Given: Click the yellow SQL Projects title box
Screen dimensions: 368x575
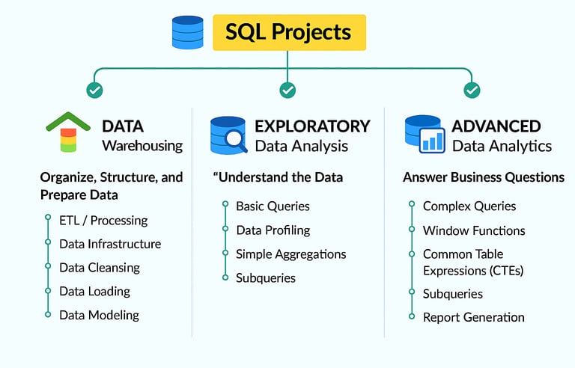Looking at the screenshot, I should click(289, 32).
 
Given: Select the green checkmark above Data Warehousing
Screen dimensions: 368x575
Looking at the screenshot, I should click(94, 91).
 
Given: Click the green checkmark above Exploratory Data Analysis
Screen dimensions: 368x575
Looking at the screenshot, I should click(287, 91).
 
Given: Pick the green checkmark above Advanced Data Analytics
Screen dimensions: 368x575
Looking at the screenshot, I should click(472, 91).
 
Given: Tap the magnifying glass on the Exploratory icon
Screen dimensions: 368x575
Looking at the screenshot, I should click(235, 139).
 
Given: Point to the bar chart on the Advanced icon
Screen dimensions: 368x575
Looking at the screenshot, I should click(431, 141).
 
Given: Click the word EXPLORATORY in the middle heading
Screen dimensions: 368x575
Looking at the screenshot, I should click(312, 126).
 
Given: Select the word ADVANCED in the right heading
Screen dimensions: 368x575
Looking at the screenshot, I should click(496, 126).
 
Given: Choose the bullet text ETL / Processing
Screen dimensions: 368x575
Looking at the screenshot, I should click(103, 220).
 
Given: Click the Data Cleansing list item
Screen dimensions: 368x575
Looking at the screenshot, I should click(100, 267).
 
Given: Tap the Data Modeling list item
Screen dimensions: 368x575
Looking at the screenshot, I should click(99, 315).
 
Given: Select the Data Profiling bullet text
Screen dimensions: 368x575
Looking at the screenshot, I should click(273, 230).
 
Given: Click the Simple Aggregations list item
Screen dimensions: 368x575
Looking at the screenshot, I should click(290, 254).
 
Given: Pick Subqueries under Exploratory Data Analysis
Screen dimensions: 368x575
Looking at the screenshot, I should click(266, 278).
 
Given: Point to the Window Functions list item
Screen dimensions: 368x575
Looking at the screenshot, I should click(474, 230).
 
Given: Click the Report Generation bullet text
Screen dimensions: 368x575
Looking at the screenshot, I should click(473, 317).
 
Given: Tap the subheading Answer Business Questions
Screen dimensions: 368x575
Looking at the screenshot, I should click(483, 177).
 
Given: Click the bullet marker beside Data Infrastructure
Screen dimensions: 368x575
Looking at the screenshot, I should click(47, 243).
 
